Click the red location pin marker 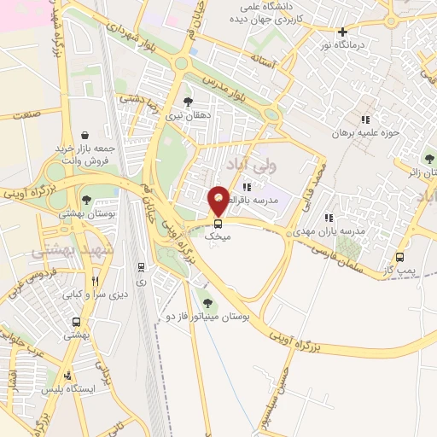click(x=219, y=199)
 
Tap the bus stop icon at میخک click(x=217, y=224)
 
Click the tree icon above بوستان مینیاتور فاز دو click(x=206, y=300)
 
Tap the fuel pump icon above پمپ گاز click(x=400, y=255)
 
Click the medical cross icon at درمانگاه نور click(x=342, y=32)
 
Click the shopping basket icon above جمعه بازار click(x=85, y=135)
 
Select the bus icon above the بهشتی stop click(x=77, y=323)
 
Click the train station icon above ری click(x=140, y=267)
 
